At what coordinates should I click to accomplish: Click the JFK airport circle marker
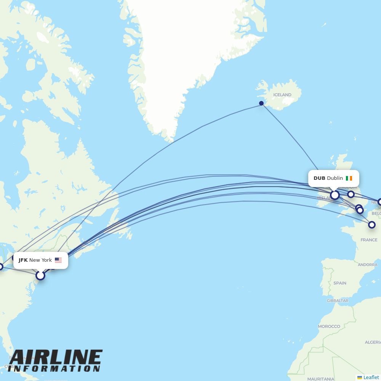[x=40, y=275]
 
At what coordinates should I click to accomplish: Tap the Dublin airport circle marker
[x=335, y=195]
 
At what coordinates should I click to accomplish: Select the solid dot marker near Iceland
[x=261, y=103]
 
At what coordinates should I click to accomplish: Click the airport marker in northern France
[x=372, y=225]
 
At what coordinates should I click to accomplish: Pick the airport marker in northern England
[x=351, y=194]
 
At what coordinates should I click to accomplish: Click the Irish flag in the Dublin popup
[x=349, y=178]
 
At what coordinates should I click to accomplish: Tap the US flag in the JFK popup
[x=58, y=260]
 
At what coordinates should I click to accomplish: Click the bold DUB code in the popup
[x=319, y=178]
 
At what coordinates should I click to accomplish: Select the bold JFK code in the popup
[x=23, y=260]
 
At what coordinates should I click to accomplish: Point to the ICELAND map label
[x=282, y=95]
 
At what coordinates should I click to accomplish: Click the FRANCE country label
[x=369, y=240]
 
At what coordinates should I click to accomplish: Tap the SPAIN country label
[x=340, y=283]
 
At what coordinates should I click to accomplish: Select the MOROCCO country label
[x=329, y=327]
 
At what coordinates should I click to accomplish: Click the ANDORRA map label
[x=368, y=265]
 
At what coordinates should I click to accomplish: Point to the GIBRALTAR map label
[x=337, y=301]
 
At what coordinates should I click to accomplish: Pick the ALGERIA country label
[x=373, y=342]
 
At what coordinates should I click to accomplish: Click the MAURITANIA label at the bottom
[x=321, y=379]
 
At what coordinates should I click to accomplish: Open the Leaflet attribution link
[x=371, y=377]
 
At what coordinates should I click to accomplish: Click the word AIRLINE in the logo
[x=56, y=358]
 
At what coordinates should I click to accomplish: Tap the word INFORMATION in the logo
[x=54, y=369]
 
